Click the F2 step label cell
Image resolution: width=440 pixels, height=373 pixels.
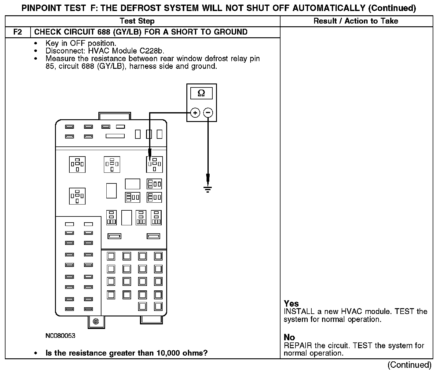click(x=18, y=32)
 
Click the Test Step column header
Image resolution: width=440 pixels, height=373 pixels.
click(x=137, y=21)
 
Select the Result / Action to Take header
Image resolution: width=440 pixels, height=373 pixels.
click(x=356, y=21)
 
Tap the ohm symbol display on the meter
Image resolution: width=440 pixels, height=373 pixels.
click(x=201, y=93)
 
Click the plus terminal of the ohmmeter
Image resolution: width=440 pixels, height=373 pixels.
click(x=195, y=113)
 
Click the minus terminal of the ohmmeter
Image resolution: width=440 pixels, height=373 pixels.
click(x=208, y=113)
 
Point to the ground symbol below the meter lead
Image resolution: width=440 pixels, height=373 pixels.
click(x=208, y=189)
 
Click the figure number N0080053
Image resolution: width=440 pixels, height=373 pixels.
click(x=61, y=336)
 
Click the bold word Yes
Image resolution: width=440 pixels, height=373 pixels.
click(x=291, y=304)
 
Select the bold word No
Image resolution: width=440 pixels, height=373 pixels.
click(x=289, y=338)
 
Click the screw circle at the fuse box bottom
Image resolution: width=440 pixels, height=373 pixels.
click(x=96, y=321)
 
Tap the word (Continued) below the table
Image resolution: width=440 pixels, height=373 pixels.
click(x=409, y=365)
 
